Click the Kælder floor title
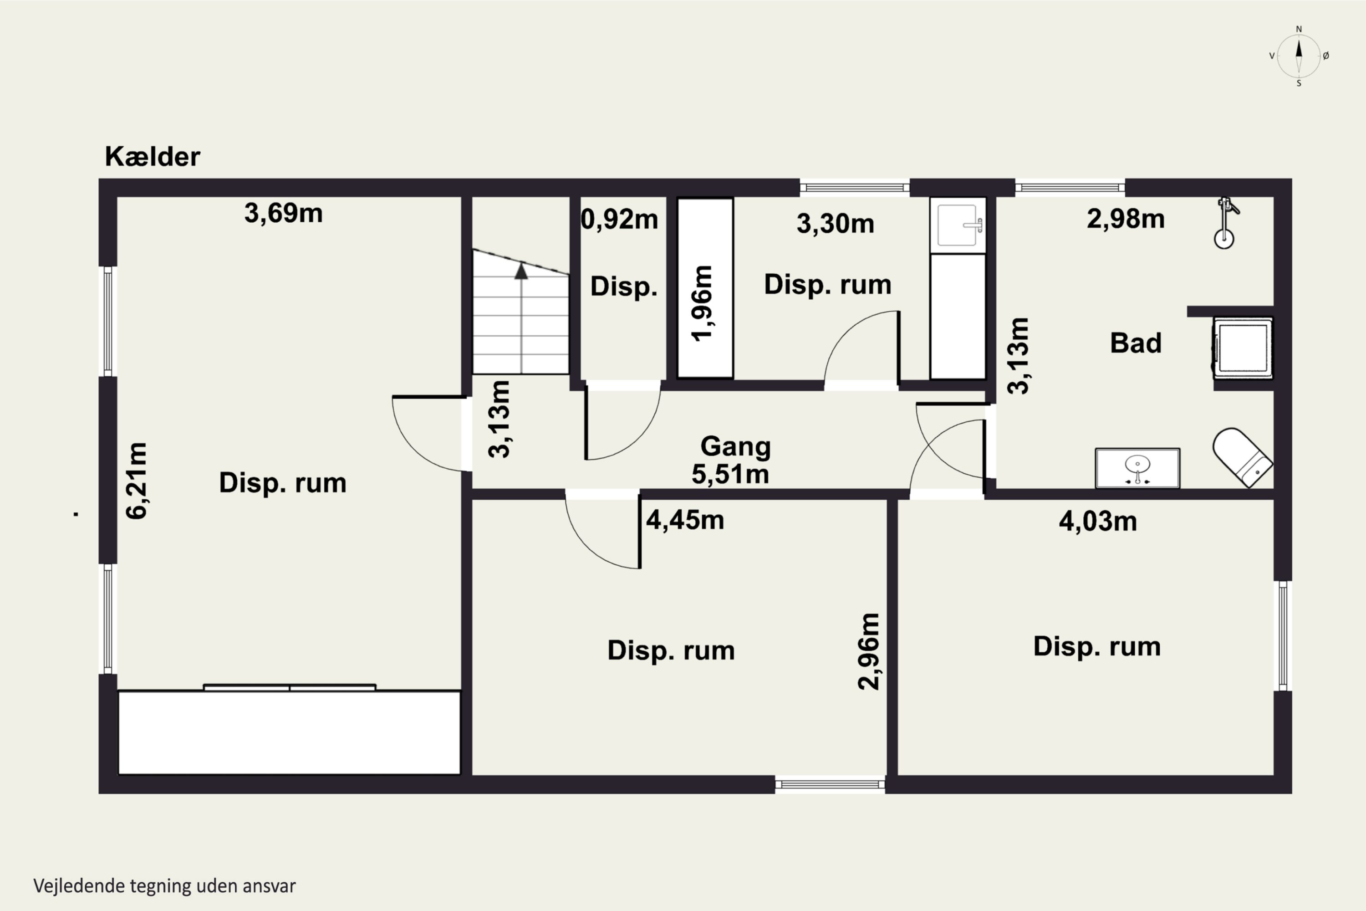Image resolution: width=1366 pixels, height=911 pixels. pyautogui.click(x=152, y=156)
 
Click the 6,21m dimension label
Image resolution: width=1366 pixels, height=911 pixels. pyautogui.click(x=137, y=481)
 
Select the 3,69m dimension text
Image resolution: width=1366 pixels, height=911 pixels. pyautogui.click(x=283, y=213)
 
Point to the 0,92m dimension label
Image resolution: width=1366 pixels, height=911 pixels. pyautogui.click(x=620, y=220)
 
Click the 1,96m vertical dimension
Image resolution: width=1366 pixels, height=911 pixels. pyautogui.click(x=702, y=303)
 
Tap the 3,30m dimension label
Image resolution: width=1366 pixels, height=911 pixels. pyautogui.click(x=835, y=224)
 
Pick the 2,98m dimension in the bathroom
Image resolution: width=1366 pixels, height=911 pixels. pyautogui.click(x=1126, y=219)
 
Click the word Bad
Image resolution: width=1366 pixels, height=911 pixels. pyautogui.click(x=1136, y=343)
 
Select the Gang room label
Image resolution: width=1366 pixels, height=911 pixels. pyautogui.click(x=735, y=447)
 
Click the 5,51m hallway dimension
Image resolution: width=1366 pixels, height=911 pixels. pyautogui.click(x=730, y=474)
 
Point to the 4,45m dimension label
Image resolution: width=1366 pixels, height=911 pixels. pyautogui.click(x=685, y=520)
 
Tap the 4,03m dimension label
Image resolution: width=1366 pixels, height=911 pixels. pyautogui.click(x=1098, y=521)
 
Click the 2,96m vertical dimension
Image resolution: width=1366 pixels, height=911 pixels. pyautogui.click(x=869, y=651)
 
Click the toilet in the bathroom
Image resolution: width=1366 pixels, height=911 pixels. pyautogui.click(x=1242, y=457)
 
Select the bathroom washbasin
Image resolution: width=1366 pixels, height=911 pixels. pyautogui.click(x=1137, y=468)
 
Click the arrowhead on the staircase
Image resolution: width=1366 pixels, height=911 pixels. pyautogui.click(x=521, y=271)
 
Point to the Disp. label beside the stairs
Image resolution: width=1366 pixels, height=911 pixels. pyautogui.click(x=624, y=287)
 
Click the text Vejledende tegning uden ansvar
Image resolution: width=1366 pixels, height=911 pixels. pyautogui.click(x=164, y=886)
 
